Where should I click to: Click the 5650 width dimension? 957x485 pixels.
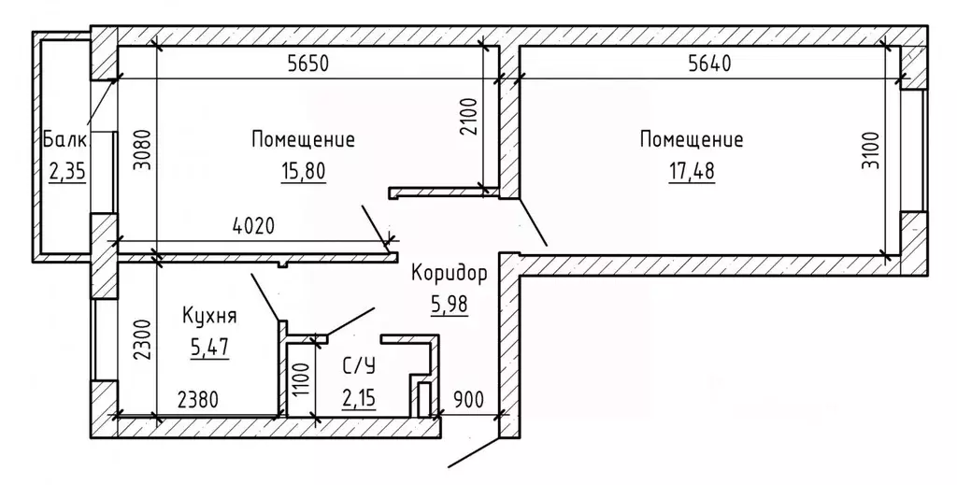point(308,64)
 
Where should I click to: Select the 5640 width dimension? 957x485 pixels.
point(709,64)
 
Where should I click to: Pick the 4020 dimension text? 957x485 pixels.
point(254,226)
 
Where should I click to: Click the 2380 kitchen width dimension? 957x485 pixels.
point(197,401)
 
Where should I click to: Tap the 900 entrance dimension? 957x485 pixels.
point(468,400)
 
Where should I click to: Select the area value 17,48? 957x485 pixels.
point(693,171)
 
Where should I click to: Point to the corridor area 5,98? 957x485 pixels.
point(450,303)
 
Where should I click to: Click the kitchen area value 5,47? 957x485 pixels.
point(209,348)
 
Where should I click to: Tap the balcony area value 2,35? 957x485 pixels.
point(67,173)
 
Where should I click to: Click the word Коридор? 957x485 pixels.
point(450,273)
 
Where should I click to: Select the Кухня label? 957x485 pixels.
point(209,316)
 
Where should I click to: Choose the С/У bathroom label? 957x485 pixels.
point(359,366)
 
